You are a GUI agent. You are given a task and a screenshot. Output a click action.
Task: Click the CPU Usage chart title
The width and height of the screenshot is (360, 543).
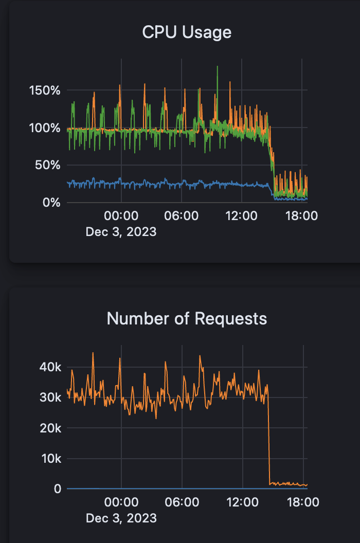point(187,32)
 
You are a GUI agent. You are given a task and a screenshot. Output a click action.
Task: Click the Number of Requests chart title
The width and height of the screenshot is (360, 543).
point(187,318)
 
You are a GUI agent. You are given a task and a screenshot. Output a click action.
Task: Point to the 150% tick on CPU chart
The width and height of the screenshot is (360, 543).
point(45,90)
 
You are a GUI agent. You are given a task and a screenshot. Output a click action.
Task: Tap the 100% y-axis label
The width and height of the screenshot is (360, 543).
point(45,128)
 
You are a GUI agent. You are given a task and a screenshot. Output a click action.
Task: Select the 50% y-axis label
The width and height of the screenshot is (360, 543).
point(48,166)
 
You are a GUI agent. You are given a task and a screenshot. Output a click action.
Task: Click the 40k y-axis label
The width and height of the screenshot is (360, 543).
point(50,367)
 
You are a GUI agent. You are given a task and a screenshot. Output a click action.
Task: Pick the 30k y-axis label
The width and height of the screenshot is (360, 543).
point(50,397)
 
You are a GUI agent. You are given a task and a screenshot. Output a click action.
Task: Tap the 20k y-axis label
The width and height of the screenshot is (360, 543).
point(50,428)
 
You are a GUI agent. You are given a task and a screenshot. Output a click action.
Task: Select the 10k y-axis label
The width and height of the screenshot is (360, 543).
point(50,458)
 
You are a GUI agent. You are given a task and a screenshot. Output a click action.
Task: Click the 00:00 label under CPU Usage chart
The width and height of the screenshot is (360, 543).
point(121,215)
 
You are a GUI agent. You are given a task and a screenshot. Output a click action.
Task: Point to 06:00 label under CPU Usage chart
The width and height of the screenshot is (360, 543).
point(182,215)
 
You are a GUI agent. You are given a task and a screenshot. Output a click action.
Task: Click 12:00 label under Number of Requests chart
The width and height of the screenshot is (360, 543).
point(242,501)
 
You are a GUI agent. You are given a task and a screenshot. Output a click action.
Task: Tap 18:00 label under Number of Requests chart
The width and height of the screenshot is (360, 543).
point(301,501)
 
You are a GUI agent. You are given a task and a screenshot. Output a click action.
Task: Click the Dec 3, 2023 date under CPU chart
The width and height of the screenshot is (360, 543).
point(121,232)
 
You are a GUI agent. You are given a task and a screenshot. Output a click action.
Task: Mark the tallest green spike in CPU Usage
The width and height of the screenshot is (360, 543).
point(218,67)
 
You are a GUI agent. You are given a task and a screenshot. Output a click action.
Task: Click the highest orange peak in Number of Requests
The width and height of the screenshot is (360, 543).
point(93,353)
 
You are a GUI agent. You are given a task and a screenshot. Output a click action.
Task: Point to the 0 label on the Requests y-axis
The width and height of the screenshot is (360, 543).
point(57,488)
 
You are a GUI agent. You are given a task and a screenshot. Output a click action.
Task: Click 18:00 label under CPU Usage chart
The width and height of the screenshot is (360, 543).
point(301,215)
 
